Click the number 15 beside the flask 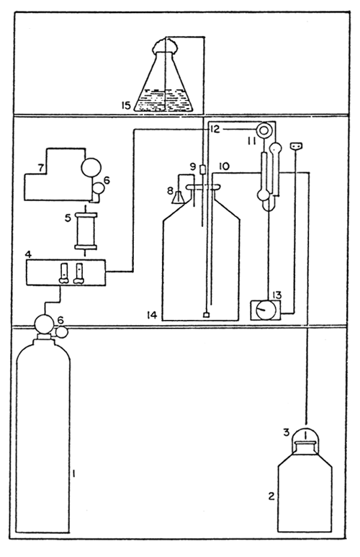click(x=127, y=105)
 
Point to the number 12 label click(x=214, y=129)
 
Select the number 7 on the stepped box click(x=41, y=168)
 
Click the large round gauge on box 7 click(x=91, y=167)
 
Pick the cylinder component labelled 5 click(x=85, y=231)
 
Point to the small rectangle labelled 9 click(x=203, y=169)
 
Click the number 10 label click(x=225, y=166)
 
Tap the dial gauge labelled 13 click(x=266, y=310)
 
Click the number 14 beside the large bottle click(x=153, y=314)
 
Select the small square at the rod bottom click(x=206, y=315)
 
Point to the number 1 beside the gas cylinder click(x=73, y=473)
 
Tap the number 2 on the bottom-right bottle click(x=271, y=496)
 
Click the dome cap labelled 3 click(x=305, y=439)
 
